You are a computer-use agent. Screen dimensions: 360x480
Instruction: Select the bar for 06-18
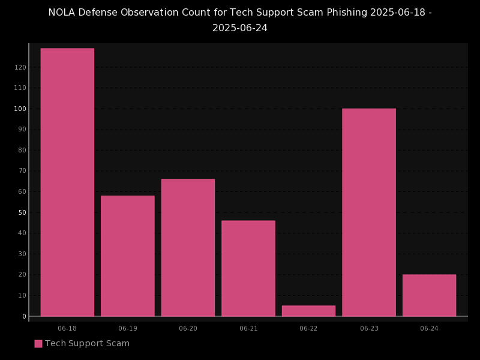click(67, 182)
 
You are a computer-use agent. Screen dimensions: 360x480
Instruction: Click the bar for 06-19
click(128, 256)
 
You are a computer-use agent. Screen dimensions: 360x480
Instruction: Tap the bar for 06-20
click(188, 247)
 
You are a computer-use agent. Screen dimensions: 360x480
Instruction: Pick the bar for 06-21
click(248, 268)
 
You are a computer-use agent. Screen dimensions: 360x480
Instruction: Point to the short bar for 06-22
click(308, 311)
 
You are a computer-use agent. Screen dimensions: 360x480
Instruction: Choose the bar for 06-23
click(369, 212)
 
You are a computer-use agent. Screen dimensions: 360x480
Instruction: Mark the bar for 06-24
click(429, 295)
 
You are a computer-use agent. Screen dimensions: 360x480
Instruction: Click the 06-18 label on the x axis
click(67, 329)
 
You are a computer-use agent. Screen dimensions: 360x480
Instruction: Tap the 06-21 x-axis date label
click(248, 329)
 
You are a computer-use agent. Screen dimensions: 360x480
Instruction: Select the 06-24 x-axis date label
click(429, 329)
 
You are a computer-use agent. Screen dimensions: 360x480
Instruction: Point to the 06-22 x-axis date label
click(308, 329)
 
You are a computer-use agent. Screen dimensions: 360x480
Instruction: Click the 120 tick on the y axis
click(20, 67)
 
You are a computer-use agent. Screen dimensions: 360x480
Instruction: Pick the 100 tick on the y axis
click(20, 109)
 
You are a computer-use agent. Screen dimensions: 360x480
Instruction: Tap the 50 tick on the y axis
click(22, 212)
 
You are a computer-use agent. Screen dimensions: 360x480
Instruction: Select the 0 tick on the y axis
click(25, 316)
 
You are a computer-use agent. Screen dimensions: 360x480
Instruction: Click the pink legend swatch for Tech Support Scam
click(38, 344)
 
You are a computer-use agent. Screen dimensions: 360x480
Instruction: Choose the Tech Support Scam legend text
click(87, 344)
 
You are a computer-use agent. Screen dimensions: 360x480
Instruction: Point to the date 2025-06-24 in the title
click(240, 28)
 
